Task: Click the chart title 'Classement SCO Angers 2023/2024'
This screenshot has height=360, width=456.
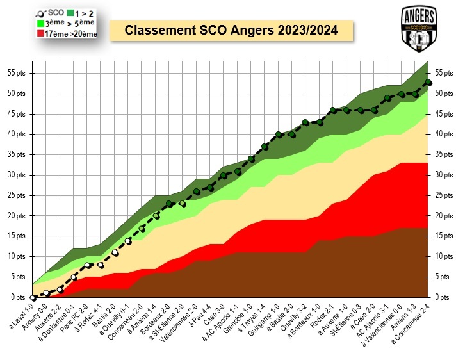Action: [x=231, y=30]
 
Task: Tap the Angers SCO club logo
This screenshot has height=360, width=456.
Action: [x=419, y=29]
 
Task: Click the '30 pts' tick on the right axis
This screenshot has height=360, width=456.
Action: [x=442, y=175]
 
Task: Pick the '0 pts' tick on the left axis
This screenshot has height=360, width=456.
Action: [x=17, y=297]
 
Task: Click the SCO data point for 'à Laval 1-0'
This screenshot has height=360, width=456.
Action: [x=33, y=297]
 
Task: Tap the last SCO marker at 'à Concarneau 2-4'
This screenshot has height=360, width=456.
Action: [x=428, y=81]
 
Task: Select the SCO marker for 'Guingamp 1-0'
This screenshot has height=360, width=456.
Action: [x=279, y=135]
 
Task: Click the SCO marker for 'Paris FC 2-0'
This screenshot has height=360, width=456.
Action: [x=88, y=265]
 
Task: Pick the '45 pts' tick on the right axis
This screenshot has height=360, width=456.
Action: [x=442, y=114]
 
